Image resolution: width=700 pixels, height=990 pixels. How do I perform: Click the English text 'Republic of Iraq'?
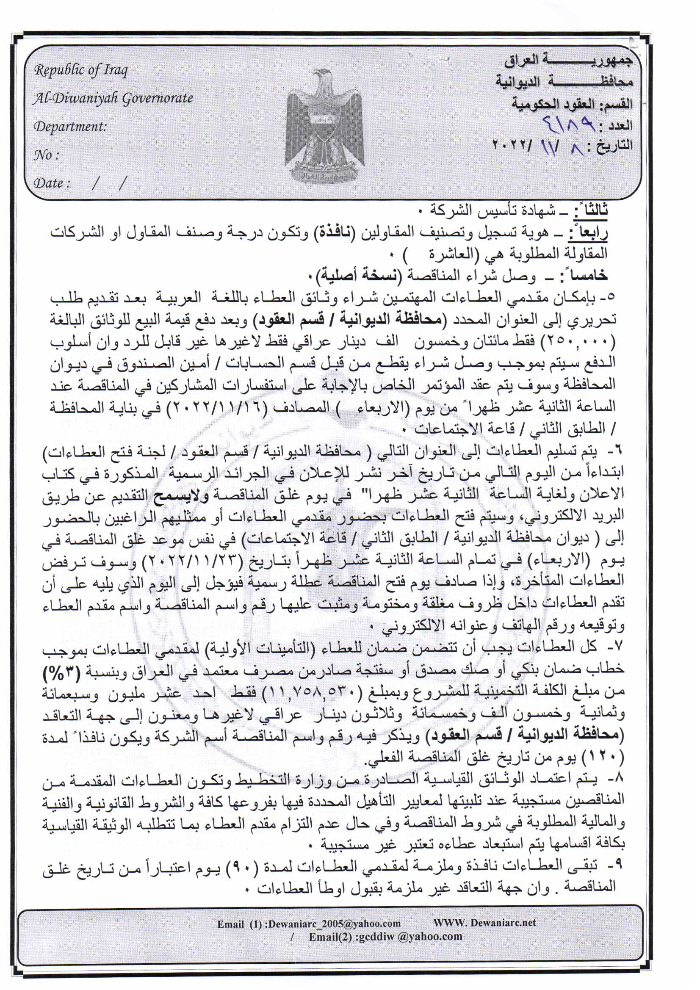pyautogui.click(x=80, y=70)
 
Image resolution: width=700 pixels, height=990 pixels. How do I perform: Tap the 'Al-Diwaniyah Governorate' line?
pyautogui.click(x=113, y=98)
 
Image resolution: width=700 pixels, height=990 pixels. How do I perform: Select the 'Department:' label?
pyautogui.click(x=70, y=127)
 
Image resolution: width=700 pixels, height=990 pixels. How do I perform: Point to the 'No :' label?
pyautogui.click(x=46, y=155)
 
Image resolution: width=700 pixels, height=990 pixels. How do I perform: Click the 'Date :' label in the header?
pyautogui.click(x=51, y=183)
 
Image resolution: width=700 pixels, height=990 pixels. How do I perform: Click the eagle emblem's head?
pyautogui.click(x=323, y=77)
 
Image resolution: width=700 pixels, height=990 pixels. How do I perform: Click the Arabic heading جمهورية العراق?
pyautogui.click(x=569, y=61)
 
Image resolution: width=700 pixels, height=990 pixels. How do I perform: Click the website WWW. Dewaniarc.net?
pyautogui.click(x=484, y=922)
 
